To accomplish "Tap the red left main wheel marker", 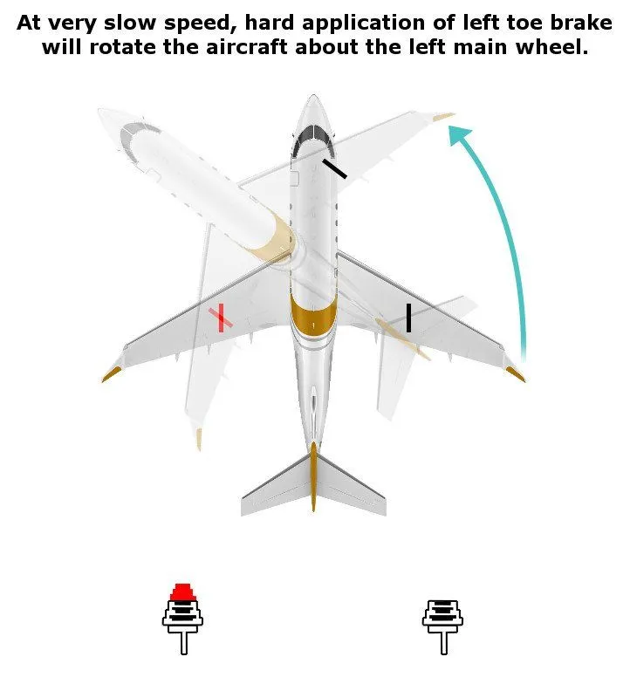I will (222, 318).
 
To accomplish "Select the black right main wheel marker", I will (408, 318).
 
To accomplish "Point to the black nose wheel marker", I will (333, 168).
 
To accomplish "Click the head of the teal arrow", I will (460, 136).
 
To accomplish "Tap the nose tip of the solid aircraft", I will (313, 98).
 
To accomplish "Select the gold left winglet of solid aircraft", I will (112, 374).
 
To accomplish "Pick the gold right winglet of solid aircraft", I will (515, 373).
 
